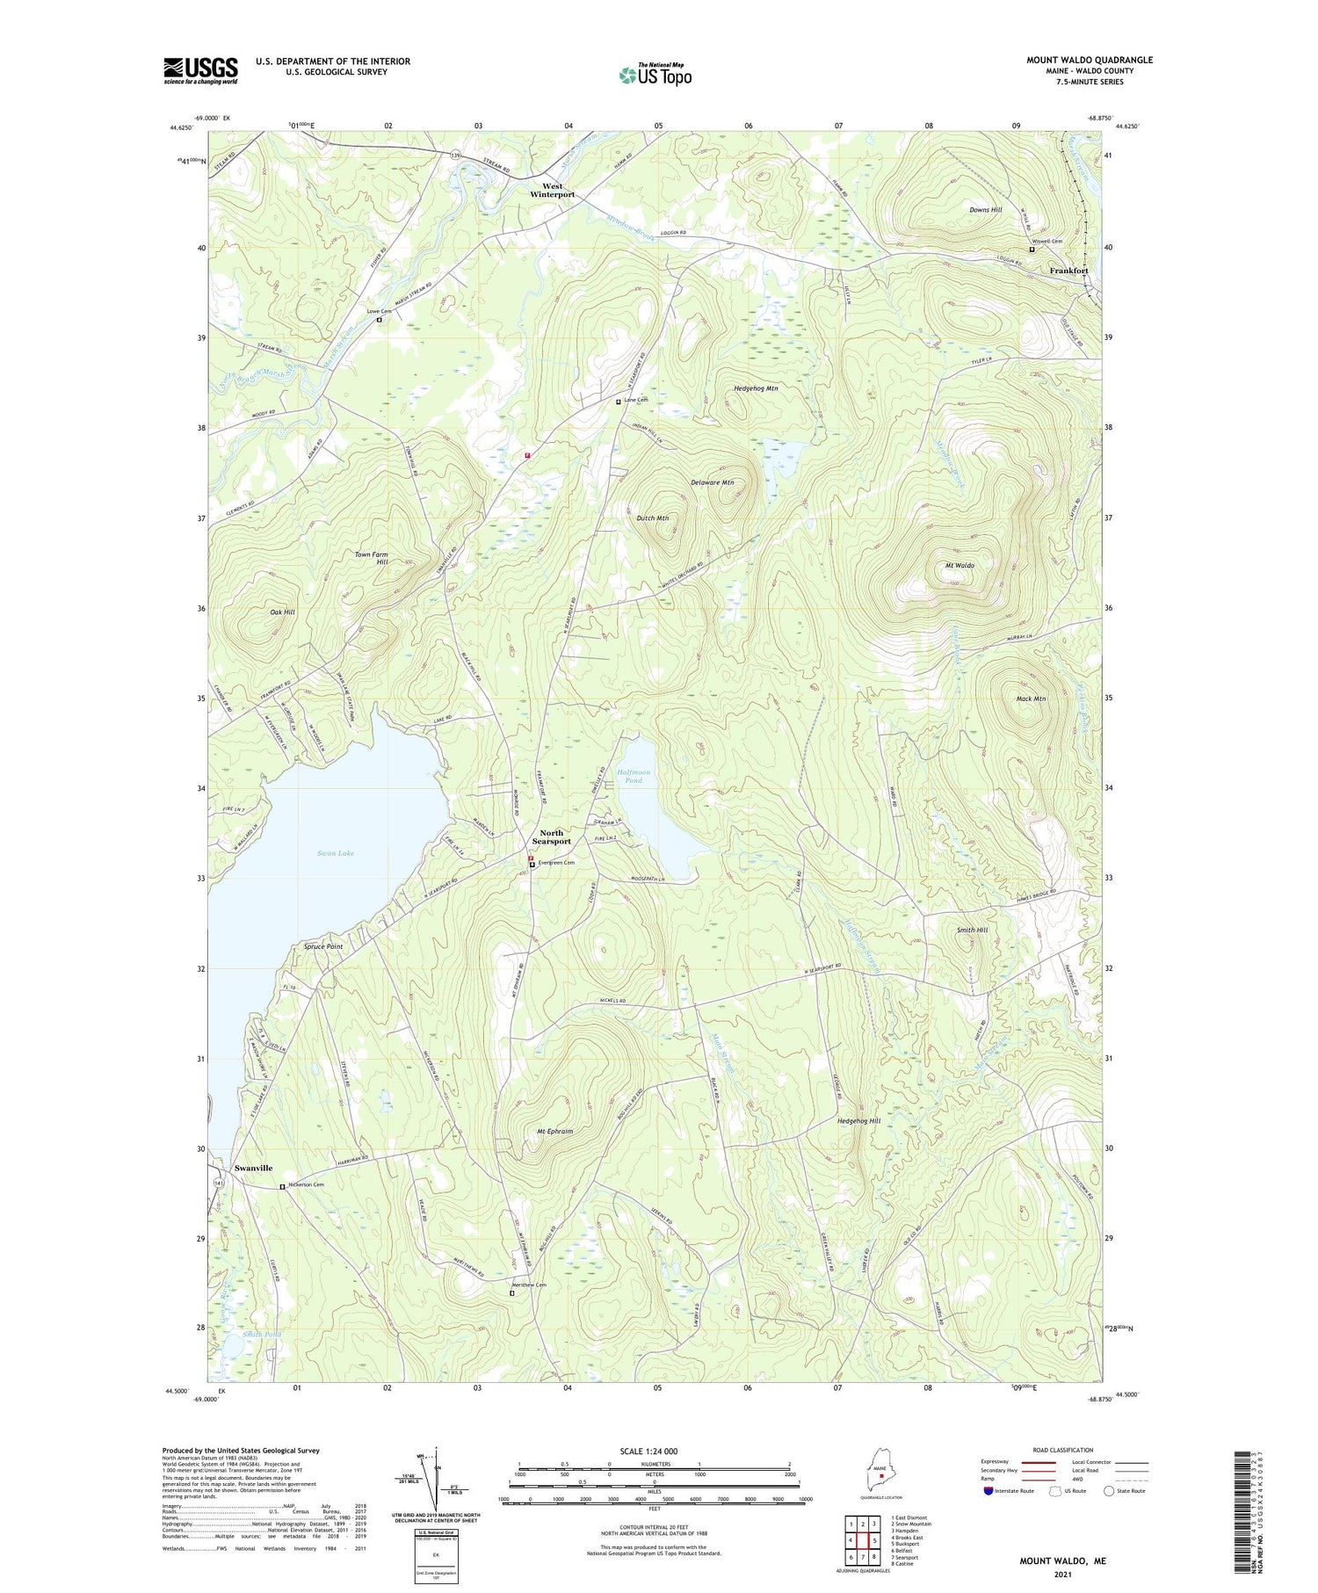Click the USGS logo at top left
coord(200,70)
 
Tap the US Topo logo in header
coord(655,75)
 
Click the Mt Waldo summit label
coord(959,566)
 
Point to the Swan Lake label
coord(335,853)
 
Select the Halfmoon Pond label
coord(634,775)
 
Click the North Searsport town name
coord(551,836)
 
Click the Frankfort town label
coord(1068,271)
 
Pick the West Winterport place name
coord(552,190)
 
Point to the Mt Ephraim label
coord(554,1131)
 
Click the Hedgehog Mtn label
coord(756,387)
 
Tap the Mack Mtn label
coord(1031,699)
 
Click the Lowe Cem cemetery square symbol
coord(380,320)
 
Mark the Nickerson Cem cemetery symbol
coord(282,1187)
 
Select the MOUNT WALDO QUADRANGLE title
coord(1090,60)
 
